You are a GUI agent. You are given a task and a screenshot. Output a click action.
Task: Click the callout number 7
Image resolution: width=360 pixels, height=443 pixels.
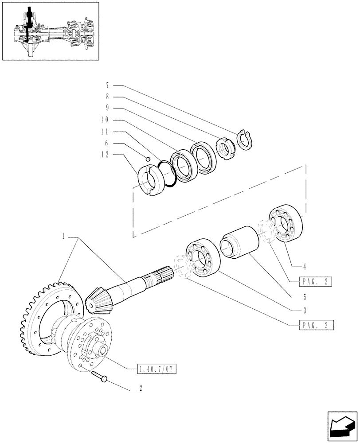[x=107, y=85]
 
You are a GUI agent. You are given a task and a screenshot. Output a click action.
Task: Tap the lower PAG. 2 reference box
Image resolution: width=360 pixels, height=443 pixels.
[x=316, y=326]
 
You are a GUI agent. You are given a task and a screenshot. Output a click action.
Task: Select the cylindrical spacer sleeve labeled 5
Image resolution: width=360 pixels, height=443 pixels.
[x=240, y=243]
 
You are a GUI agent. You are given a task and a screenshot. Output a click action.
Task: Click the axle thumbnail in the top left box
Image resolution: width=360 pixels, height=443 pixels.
[x=50, y=31]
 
